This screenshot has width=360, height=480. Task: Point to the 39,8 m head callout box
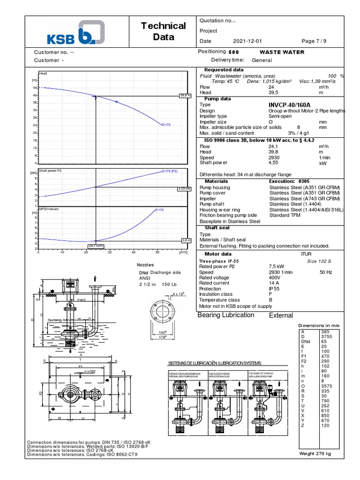point(186,95)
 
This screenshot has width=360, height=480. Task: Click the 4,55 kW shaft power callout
point(185,188)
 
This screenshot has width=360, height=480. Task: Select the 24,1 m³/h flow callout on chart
point(96,246)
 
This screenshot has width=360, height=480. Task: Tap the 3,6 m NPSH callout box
point(186,240)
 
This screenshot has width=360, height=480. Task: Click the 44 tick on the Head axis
point(35,88)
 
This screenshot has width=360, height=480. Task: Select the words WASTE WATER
point(282,52)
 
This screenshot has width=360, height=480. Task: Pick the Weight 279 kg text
point(315,454)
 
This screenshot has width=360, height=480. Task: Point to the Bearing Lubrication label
point(226,315)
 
